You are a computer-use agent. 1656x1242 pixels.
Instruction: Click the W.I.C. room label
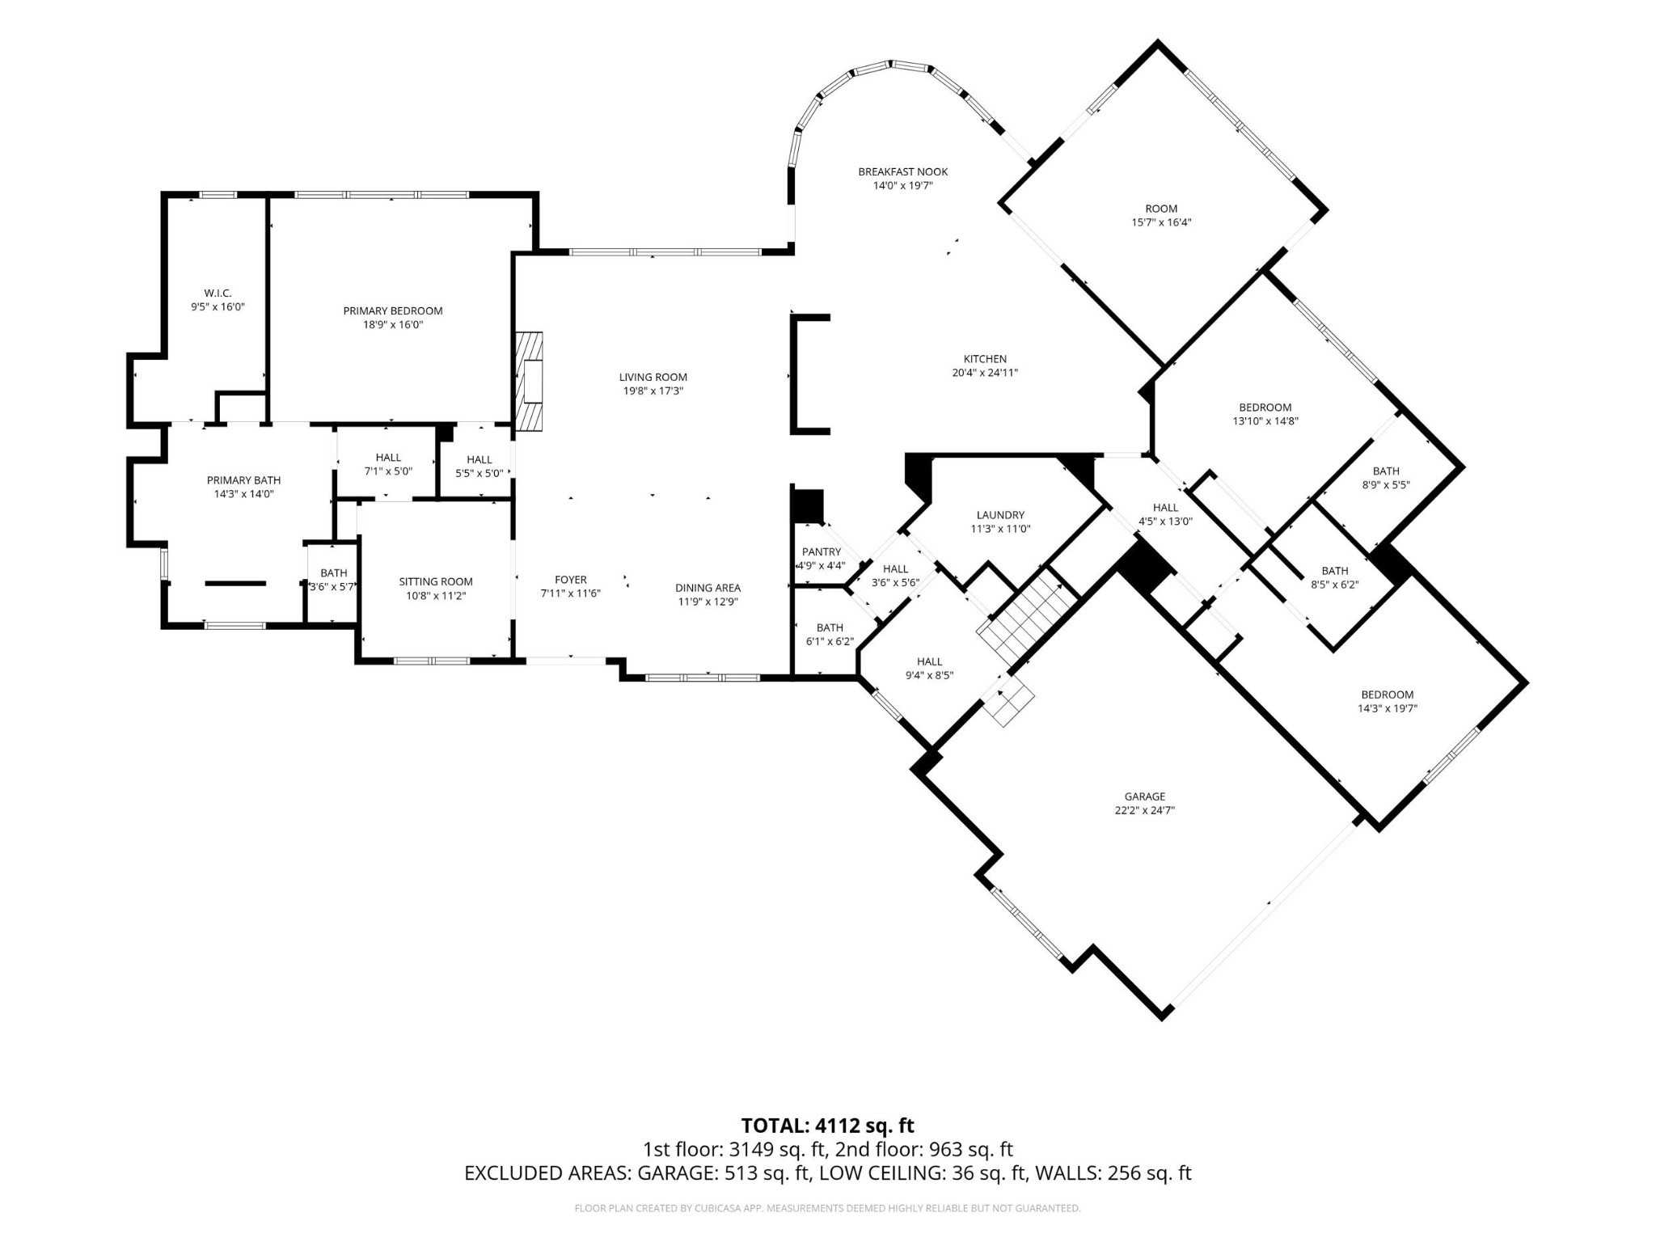click(218, 293)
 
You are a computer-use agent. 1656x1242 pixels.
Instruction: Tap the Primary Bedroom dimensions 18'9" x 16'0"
click(393, 325)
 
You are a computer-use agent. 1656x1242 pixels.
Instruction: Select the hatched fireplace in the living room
click(529, 382)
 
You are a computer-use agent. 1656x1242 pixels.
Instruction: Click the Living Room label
click(653, 377)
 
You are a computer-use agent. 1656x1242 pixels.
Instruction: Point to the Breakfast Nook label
click(903, 171)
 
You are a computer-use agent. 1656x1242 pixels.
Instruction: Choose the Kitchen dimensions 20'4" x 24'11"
click(985, 373)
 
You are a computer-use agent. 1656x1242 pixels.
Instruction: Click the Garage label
click(1144, 796)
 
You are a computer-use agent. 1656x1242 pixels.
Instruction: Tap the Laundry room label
click(1000, 515)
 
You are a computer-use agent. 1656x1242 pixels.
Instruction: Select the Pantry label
click(822, 552)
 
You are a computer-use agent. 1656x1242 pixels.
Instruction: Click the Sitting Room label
click(436, 581)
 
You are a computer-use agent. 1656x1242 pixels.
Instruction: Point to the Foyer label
click(571, 580)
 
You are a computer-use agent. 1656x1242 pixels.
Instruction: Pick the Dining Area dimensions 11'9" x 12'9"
click(708, 602)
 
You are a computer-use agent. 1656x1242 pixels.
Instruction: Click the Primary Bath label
click(244, 480)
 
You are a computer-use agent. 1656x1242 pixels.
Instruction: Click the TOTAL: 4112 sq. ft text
click(827, 1126)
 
